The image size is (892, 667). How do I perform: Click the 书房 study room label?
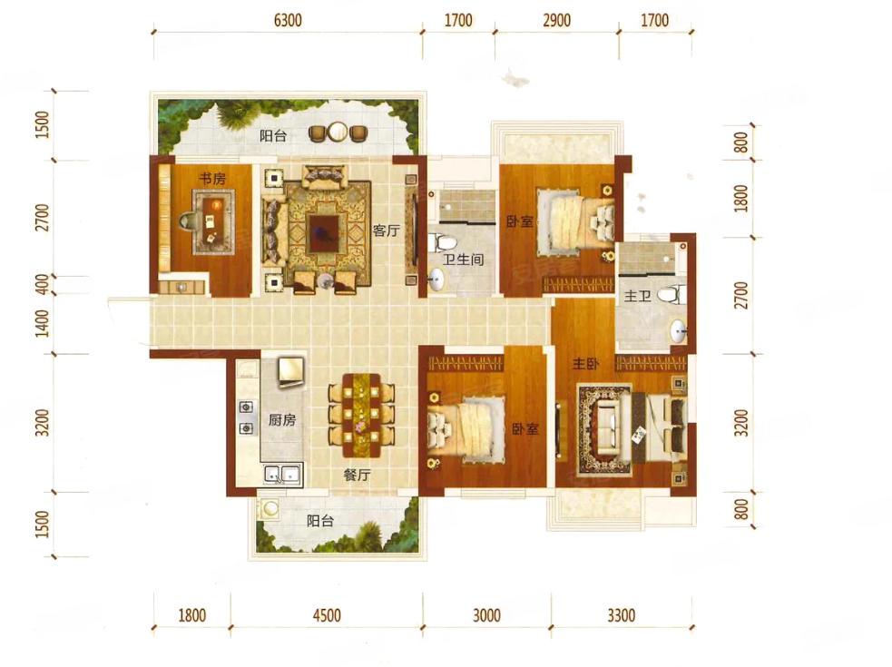point(211,179)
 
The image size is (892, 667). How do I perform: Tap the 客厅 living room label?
point(386,231)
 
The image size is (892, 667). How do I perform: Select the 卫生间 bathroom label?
point(463,260)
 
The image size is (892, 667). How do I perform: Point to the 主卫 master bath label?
point(637,296)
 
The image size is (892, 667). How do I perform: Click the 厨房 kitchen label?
point(282,420)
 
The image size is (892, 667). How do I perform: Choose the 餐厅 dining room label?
point(357,475)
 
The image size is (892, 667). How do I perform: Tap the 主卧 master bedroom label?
point(585,363)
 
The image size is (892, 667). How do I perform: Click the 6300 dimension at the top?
point(288,21)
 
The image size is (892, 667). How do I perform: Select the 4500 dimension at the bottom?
point(327,615)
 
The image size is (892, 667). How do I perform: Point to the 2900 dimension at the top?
point(556,21)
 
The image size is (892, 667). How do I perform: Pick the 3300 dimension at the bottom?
point(621,615)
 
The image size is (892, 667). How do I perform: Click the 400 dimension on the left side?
point(43,284)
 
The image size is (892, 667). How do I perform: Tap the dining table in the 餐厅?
point(361,416)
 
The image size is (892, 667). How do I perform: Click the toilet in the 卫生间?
point(445,243)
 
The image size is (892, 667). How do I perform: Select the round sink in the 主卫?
point(678,331)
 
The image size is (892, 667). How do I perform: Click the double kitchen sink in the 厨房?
point(282,474)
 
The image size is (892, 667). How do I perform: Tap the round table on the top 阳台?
point(338,132)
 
